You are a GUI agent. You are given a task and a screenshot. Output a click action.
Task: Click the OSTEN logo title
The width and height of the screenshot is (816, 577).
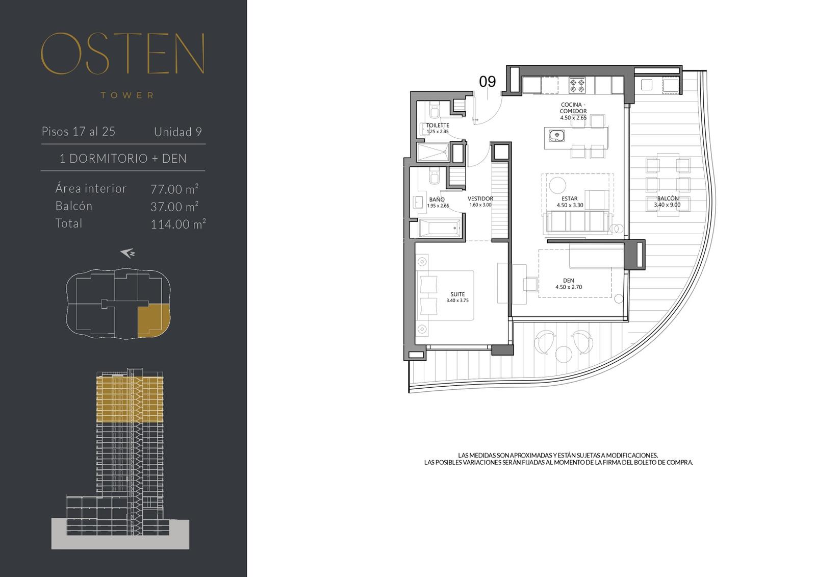tap(123, 54)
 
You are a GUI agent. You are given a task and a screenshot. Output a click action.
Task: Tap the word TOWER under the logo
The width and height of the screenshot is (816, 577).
tap(127, 95)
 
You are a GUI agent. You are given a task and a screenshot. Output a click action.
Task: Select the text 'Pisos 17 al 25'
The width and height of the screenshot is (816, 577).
tap(79, 131)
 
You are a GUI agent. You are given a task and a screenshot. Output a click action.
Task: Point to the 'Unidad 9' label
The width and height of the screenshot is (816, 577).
tap(178, 132)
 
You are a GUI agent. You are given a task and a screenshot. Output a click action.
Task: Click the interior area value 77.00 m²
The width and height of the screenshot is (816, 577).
tap(174, 189)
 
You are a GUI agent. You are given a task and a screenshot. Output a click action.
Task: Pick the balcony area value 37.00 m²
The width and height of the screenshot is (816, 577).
tap(174, 207)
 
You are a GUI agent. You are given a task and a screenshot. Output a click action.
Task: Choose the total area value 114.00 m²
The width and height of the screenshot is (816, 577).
tap(178, 224)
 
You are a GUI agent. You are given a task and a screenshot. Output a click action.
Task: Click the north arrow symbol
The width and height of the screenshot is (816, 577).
tap(128, 253)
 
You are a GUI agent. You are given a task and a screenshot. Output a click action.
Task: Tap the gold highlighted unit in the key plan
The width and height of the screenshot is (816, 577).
tap(154, 321)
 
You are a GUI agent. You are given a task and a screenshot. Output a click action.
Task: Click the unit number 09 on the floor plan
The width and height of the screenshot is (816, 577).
tap(487, 82)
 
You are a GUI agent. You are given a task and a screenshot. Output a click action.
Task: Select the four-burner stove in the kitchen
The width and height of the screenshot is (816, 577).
tap(577, 86)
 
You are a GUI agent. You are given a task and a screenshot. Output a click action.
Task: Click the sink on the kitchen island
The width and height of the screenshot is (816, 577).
tap(556, 136)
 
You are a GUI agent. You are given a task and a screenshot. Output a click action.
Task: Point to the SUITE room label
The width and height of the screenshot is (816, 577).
tap(457, 294)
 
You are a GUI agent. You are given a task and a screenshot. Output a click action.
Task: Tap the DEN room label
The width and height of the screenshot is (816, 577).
tap(569, 281)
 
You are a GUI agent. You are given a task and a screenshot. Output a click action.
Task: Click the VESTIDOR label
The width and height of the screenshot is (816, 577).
tap(480, 198)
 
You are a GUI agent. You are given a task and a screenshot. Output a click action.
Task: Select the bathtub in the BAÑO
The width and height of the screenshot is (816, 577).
tap(440, 229)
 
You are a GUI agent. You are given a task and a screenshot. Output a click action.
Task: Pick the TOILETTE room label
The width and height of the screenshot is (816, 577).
tap(438, 126)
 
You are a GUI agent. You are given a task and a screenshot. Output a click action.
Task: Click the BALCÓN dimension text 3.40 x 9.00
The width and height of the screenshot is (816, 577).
tap(668, 205)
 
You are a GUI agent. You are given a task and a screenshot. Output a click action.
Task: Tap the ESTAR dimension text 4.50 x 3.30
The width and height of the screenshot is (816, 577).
tap(570, 205)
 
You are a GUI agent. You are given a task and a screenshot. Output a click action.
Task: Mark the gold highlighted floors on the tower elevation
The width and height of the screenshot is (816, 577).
tap(130, 399)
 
